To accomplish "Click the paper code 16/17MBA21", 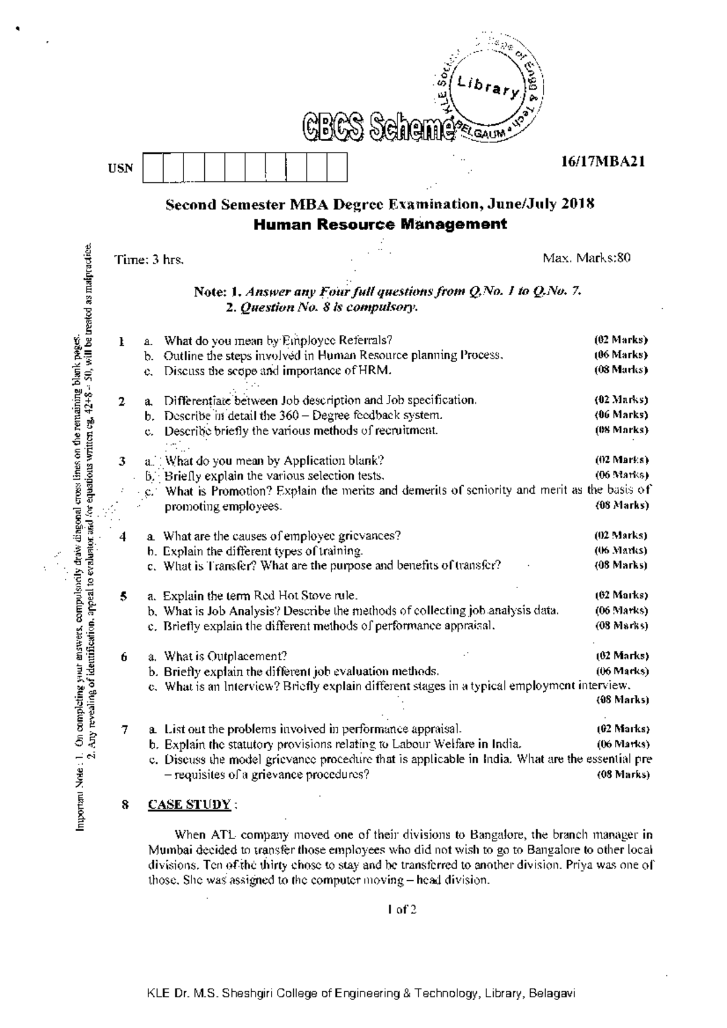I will click(x=603, y=162).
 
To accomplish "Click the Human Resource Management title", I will click(x=380, y=224).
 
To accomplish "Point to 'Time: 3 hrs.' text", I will click(x=149, y=260).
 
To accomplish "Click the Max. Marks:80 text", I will click(x=587, y=259).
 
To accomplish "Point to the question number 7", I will click(x=124, y=729).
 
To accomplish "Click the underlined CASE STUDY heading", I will click(x=189, y=805).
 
